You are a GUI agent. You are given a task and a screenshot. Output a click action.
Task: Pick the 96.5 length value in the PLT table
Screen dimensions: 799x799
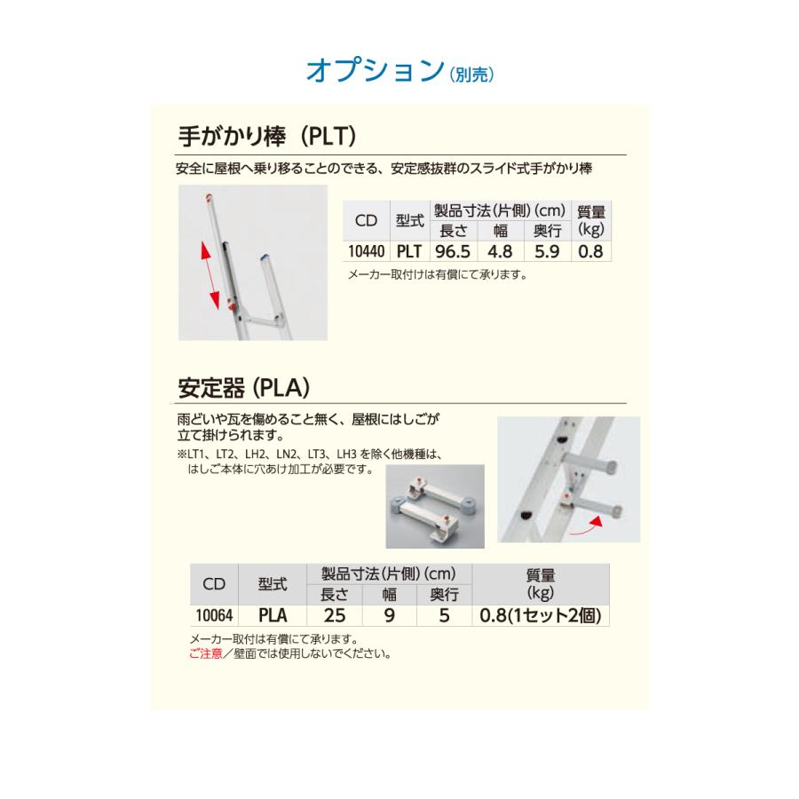click(x=453, y=251)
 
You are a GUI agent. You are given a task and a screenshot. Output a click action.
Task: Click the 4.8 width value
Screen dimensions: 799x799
click(x=501, y=251)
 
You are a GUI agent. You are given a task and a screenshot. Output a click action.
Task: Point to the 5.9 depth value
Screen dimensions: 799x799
click(x=546, y=251)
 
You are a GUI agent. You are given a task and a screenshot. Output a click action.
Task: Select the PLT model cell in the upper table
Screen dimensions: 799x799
click(x=408, y=251)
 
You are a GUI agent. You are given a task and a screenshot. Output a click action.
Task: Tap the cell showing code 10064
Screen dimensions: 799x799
click(x=212, y=613)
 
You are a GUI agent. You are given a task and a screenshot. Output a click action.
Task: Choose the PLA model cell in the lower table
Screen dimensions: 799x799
click(x=272, y=613)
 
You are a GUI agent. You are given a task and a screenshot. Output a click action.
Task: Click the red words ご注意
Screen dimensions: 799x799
click(x=206, y=654)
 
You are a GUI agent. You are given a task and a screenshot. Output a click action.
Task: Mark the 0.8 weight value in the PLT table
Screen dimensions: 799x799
click(x=590, y=251)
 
